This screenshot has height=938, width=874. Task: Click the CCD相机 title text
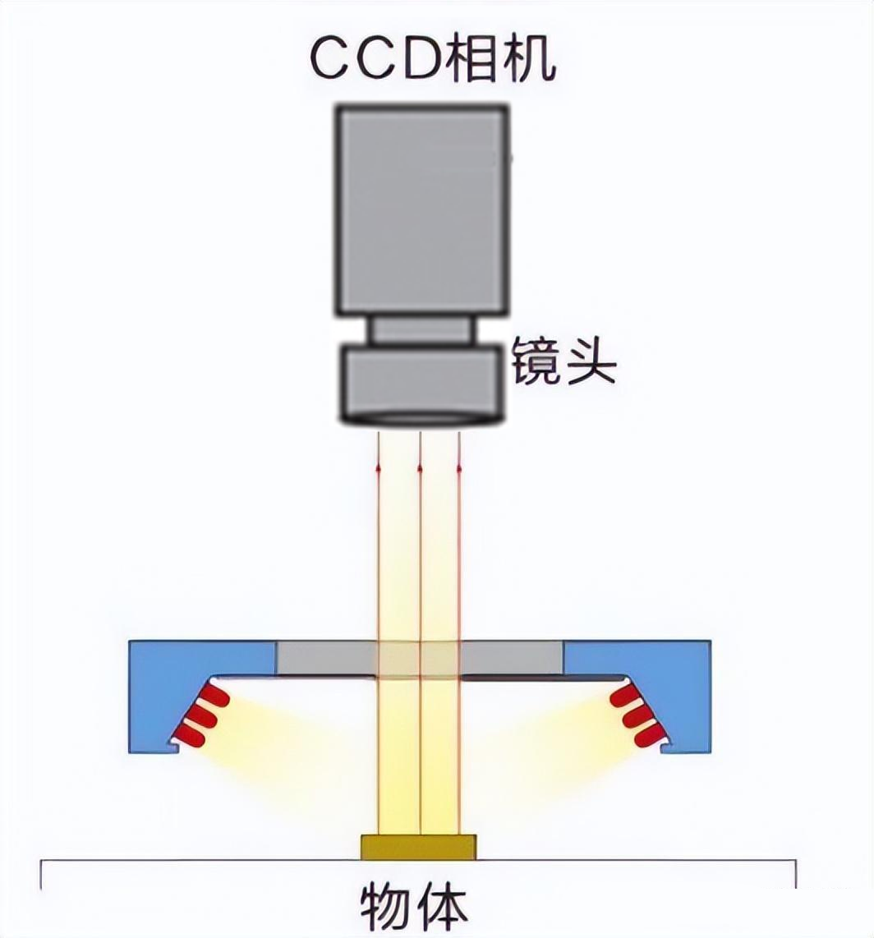(433, 60)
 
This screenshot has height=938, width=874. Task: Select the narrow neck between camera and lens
(421, 330)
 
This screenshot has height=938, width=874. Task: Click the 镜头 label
(563, 362)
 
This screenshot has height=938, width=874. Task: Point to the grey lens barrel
(421, 381)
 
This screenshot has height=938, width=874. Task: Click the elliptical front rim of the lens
(421, 419)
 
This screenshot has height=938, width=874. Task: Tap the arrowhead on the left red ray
(379, 467)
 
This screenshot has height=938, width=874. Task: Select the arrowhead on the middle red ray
(420, 467)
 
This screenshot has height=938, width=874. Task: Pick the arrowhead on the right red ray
(458, 467)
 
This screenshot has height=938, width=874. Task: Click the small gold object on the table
(418, 847)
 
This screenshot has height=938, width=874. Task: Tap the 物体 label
(414, 907)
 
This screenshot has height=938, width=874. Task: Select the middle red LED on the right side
(636, 716)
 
